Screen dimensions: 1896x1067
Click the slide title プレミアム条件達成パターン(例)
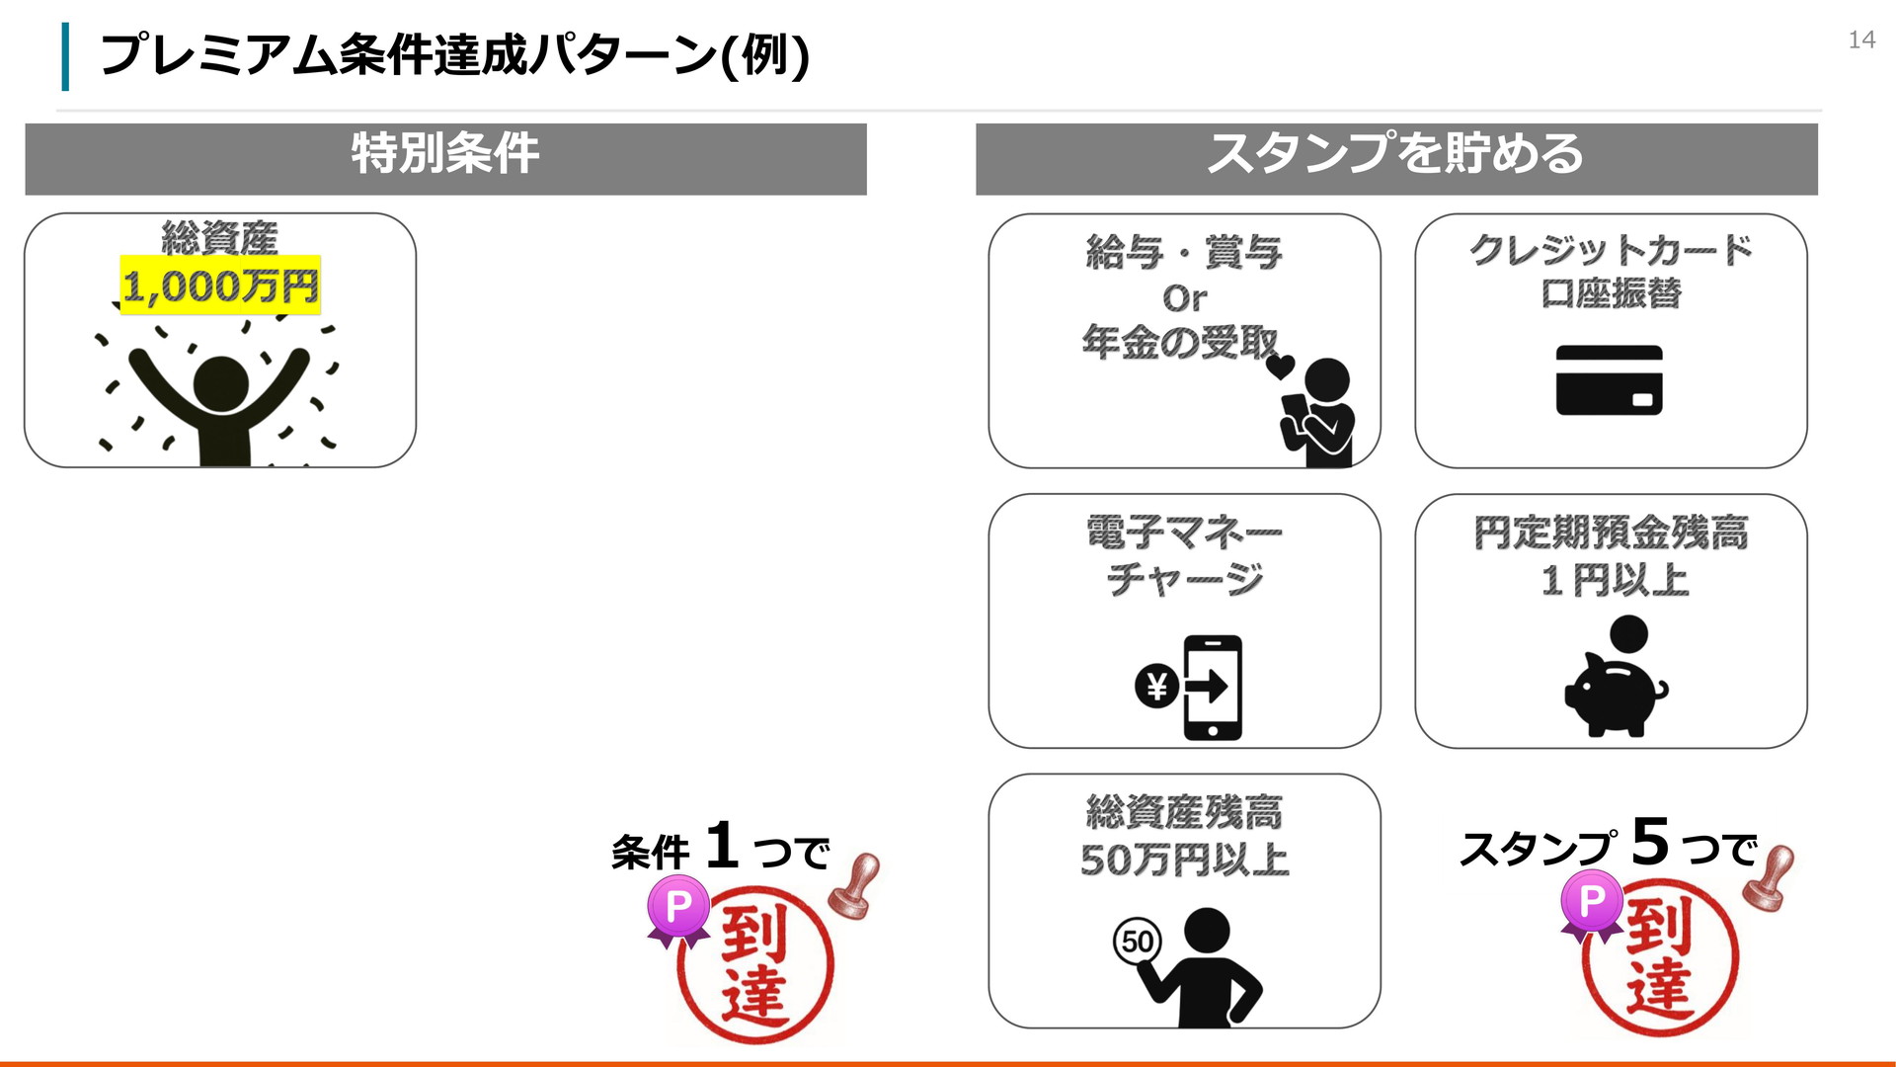[454, 54]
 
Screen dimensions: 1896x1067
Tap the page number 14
[1861, 40]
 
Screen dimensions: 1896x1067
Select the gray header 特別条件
[445, 158]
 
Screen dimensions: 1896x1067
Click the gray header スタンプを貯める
[1396, 158]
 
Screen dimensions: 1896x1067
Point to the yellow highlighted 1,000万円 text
[220, 286]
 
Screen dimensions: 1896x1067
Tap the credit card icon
[1610, 380]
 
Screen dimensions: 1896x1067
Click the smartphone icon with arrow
[1213, 688]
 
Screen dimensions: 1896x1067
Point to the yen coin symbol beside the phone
[1157, 686]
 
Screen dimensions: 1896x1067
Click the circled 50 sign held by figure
[1138, 941]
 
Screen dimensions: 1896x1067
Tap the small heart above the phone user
[1280, 368]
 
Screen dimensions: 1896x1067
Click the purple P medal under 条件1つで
[678, 910]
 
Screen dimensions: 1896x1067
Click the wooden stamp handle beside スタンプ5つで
[1769, 877]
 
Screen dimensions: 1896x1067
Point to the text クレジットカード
[1611, 250]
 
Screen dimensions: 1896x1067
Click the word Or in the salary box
[1184, 297]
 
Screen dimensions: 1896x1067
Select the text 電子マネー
[1184, 533]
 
